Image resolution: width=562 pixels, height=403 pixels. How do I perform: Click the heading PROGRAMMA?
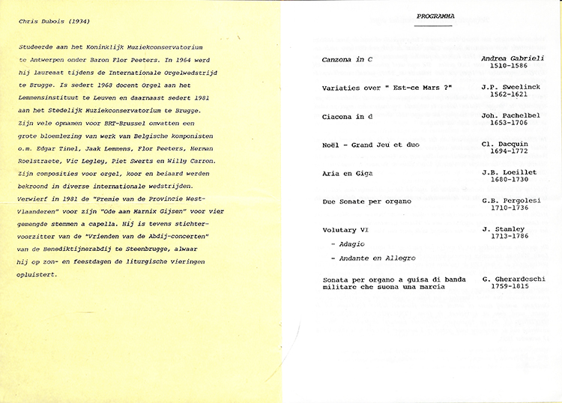436,16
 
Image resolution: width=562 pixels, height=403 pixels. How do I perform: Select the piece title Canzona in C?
348,59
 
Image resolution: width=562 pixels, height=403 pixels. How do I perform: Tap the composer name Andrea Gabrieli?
513,57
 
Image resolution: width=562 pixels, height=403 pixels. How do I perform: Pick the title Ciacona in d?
348,117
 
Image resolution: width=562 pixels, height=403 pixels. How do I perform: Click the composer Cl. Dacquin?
510,145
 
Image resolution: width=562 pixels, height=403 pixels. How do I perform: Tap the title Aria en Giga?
348,173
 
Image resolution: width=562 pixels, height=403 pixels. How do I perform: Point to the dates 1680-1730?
510,181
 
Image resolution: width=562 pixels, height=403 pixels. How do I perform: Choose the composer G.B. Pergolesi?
513,200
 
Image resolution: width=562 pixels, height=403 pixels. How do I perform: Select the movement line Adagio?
347,244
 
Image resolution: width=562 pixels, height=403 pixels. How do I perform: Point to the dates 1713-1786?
510,237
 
